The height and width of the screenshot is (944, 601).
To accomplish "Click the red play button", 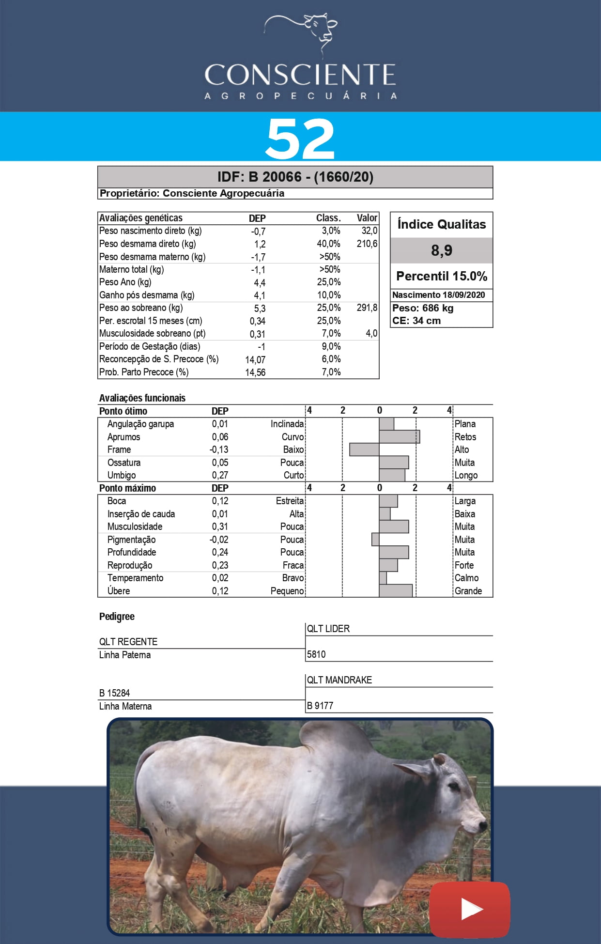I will point(469,909).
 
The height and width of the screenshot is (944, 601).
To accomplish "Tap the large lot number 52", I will point(300,139).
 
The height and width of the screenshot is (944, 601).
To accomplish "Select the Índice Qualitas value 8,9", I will point(442,250).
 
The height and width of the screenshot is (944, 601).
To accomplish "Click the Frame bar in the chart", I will point(364,449).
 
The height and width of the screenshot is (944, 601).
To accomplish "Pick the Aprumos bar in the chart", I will point(400,437).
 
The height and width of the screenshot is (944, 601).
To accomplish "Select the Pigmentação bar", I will point(375,539).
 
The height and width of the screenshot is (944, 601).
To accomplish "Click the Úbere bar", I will point(396,590).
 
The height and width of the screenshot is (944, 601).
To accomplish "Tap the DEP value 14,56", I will point(255,372).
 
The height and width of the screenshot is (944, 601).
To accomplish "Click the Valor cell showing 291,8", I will point(367,308).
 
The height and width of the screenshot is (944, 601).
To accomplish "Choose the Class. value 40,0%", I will point(328,244).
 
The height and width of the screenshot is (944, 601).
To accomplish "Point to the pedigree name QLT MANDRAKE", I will point(339,680).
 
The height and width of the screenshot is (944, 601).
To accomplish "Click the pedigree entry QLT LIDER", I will point(328,629).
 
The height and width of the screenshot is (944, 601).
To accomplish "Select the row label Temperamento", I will point(135,578).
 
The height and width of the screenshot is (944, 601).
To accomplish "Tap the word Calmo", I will point(466,578).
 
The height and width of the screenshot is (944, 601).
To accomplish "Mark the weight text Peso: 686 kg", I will point(423,308).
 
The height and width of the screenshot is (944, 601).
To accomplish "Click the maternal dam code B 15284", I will point(115,693).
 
